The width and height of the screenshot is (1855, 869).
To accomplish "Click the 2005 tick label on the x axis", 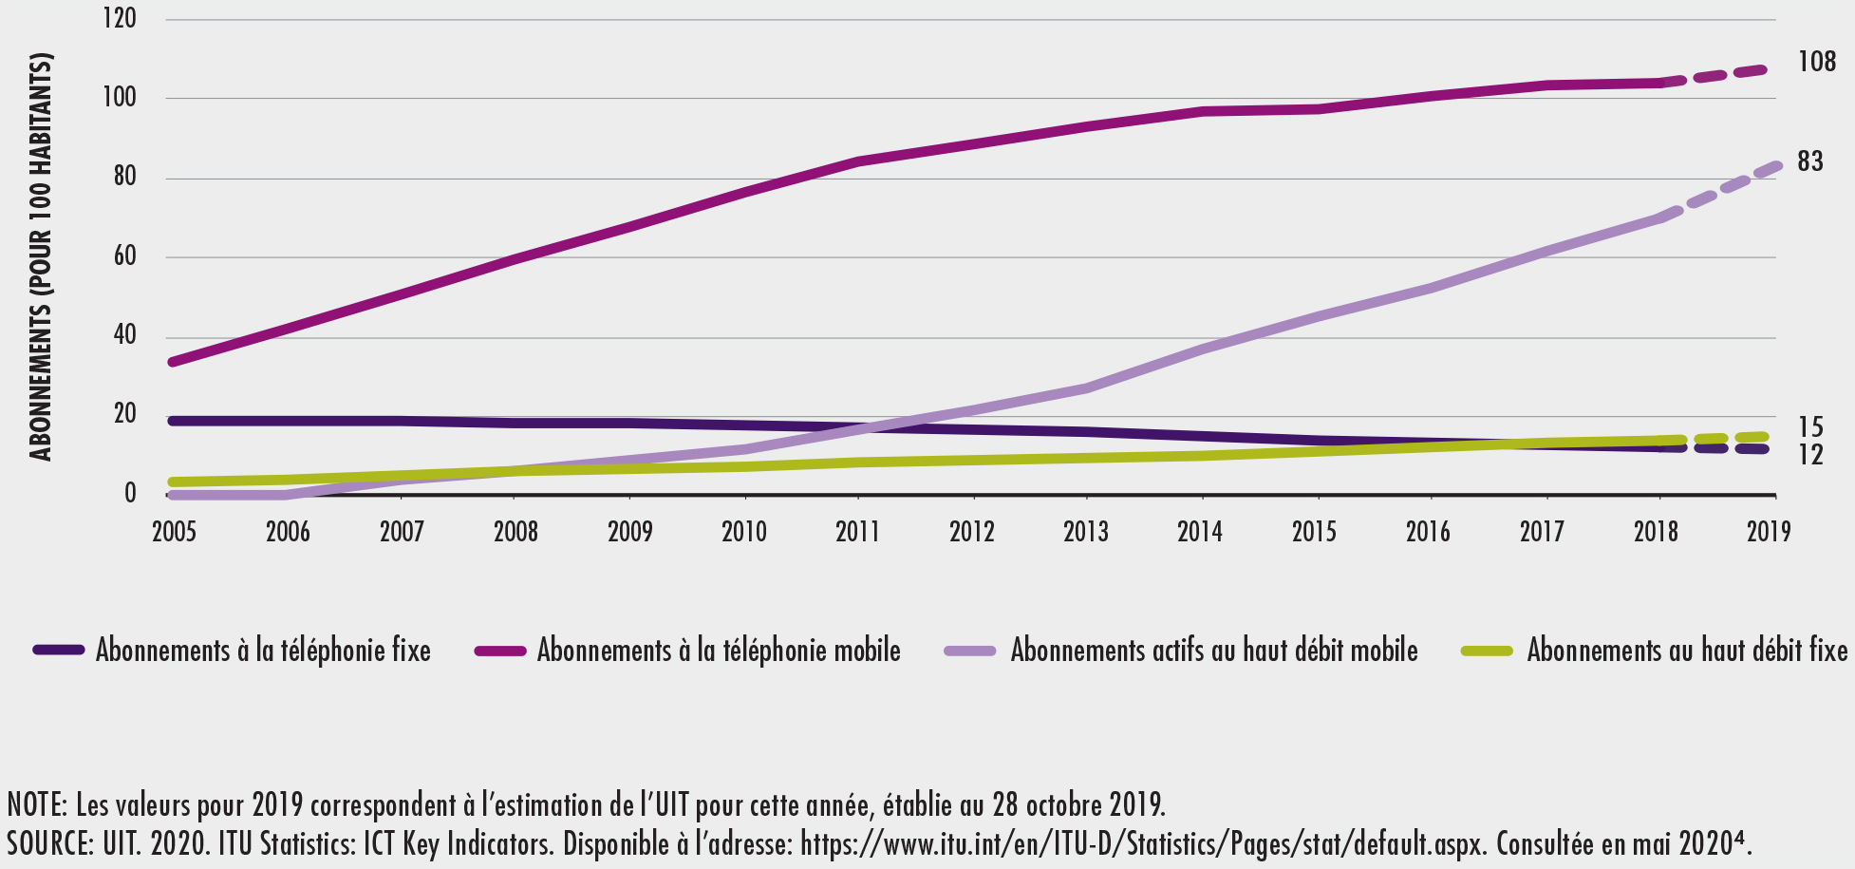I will click(174, 531).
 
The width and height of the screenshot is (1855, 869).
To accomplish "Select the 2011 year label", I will click(857, 531).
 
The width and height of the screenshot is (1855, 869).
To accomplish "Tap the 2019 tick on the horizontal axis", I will click(1769, 531).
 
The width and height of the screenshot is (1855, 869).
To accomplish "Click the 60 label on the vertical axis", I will click(124, 256).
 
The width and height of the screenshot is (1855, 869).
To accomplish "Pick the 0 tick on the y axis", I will click(130, 494).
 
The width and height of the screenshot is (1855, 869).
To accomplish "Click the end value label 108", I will click(1817, 63).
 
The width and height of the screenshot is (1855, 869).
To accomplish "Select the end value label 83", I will click(1810, 161).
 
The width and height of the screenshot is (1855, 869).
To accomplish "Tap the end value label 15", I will click(1810, 428).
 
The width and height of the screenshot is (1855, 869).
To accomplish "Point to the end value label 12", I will click(1810, 455).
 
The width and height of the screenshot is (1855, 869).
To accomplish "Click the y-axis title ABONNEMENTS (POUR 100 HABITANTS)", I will click(40, 256).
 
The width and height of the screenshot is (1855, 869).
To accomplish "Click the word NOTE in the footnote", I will click(36, 805).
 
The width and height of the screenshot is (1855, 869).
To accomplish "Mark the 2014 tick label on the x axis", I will click(1199, 531).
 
